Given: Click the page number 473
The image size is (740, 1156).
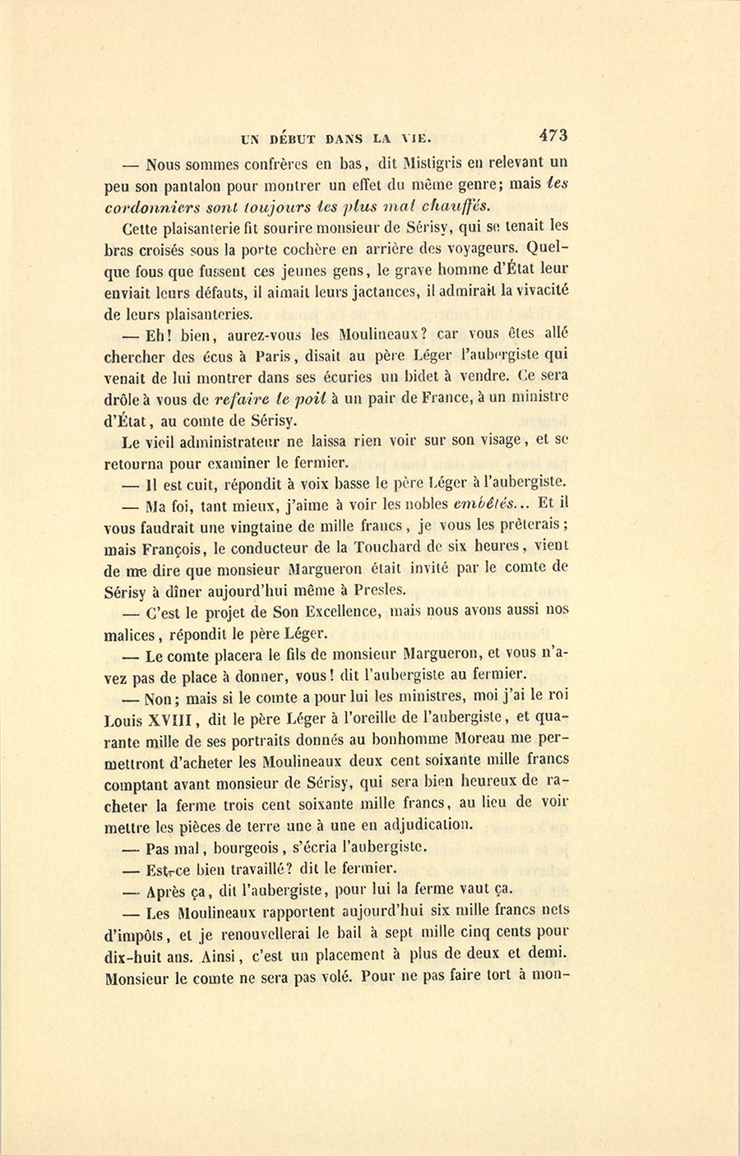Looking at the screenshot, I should tap(554, 135).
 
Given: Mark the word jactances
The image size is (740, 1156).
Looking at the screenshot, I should tap(384, 291).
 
